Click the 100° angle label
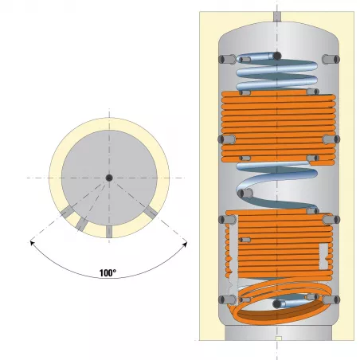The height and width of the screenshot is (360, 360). click(108, 273)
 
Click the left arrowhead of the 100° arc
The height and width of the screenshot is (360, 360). click(32, 243)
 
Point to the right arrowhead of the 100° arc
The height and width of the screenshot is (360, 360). click(185, 244)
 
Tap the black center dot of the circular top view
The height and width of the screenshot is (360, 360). click(109, 178)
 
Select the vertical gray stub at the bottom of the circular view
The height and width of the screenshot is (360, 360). click(109, 232)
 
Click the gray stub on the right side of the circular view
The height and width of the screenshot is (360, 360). click(151, 212)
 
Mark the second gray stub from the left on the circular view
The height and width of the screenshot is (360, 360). click(81, 224)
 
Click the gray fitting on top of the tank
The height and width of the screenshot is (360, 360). click(277, 17)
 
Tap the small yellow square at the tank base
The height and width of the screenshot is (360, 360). click(278, 338)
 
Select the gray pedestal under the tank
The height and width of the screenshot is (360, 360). click(278, 332)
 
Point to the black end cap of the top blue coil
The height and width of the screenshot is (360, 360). click(277, 56)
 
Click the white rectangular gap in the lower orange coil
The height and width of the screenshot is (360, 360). click(323, 256)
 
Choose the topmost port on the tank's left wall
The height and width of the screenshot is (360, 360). click(227, 59)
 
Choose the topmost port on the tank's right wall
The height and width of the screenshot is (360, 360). click(331, 59)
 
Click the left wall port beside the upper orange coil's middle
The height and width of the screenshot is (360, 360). click(227, 139)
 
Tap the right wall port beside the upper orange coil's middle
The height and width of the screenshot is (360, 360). click(331, 139)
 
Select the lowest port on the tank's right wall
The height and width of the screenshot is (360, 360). click(331, 300)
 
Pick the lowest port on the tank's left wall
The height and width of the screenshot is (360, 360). click(227, 300)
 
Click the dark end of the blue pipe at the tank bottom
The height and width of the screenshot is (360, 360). click(277, 304)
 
